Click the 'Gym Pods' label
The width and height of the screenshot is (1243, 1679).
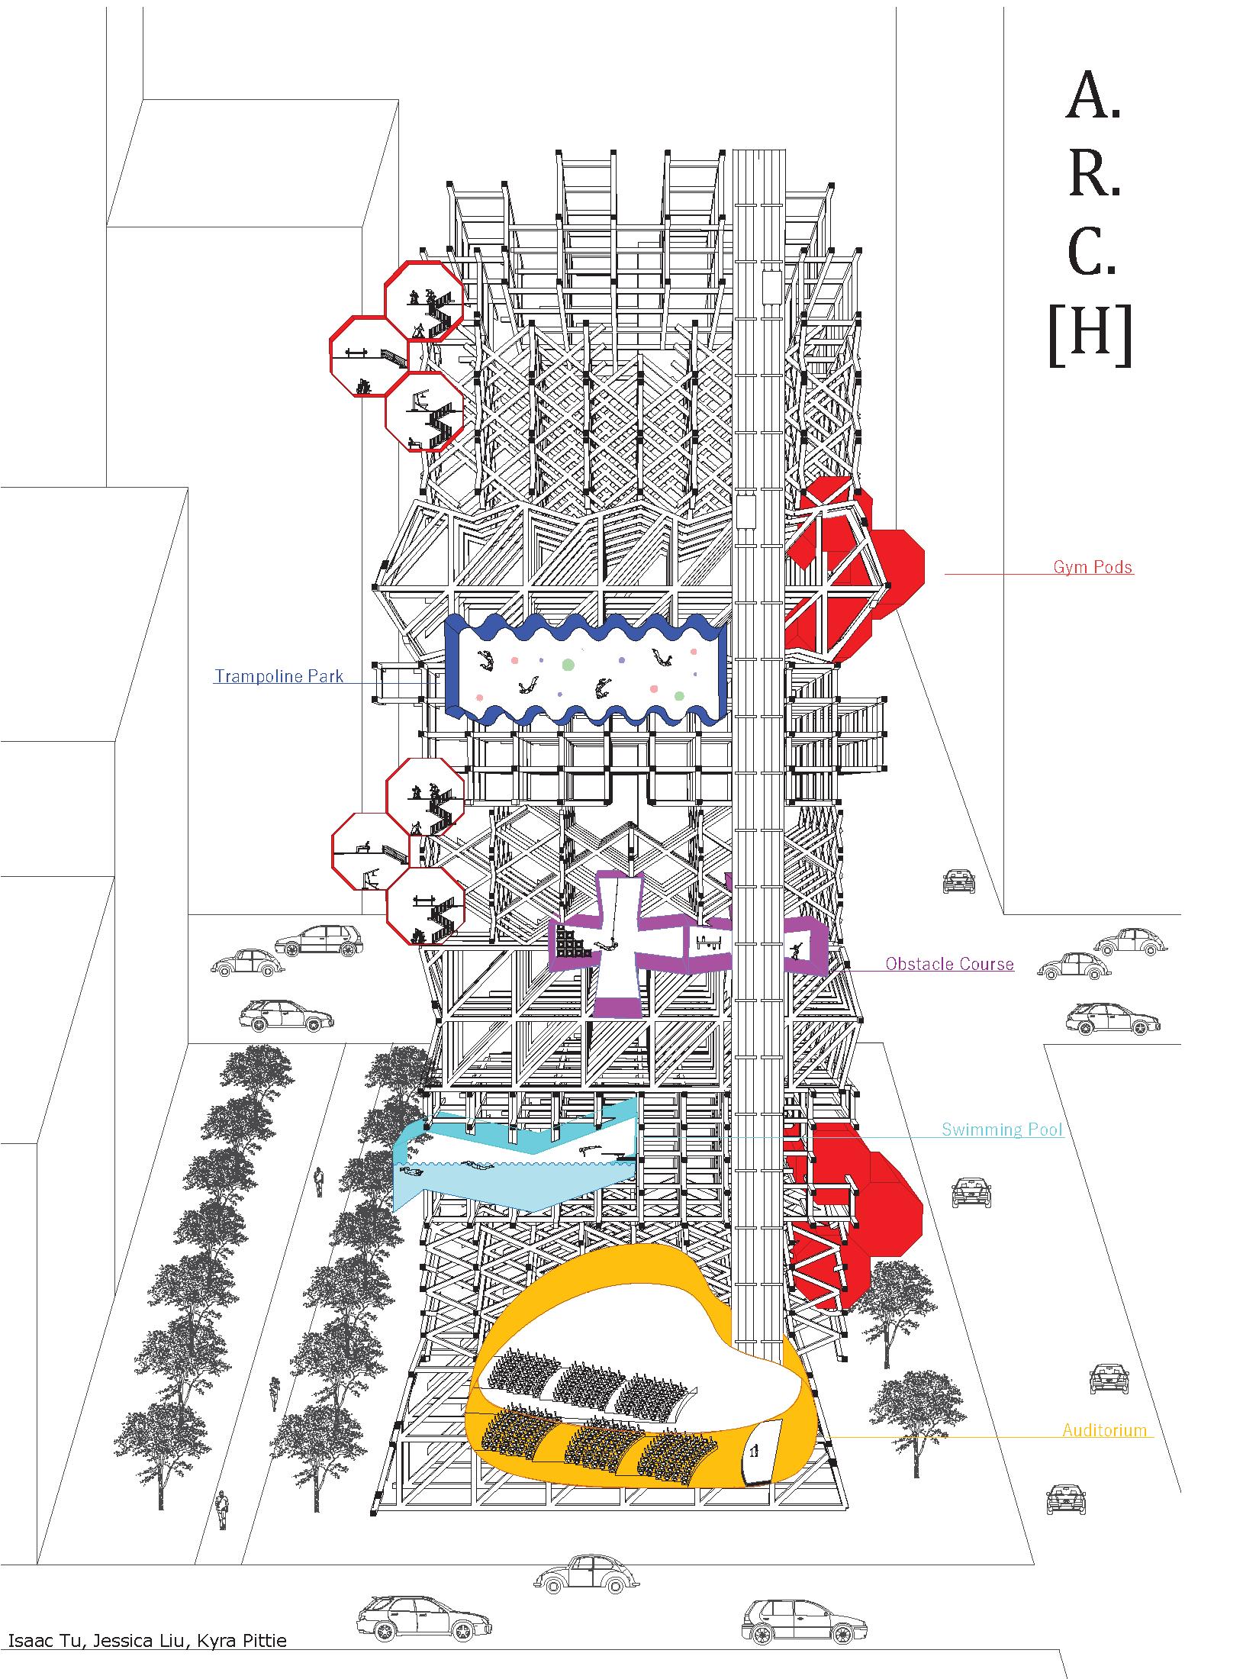point(1093,567)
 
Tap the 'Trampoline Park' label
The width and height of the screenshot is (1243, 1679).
point(279,676)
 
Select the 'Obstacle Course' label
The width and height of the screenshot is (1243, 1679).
point(949,964)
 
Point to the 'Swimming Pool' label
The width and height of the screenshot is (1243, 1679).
point(1002,1130)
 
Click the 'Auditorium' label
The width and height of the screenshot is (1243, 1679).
point(1104,1430)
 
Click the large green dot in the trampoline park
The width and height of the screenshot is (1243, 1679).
point(567,665)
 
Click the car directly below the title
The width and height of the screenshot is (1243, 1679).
point(959,881)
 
